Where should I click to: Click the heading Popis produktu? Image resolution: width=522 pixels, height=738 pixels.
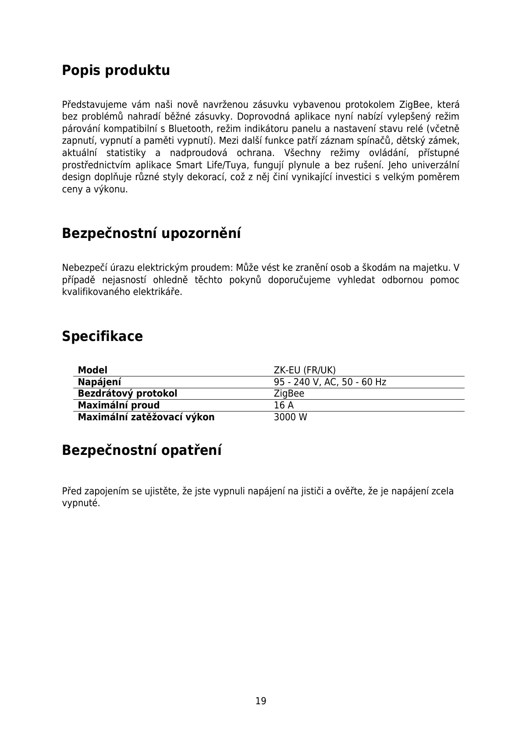coord(116,71)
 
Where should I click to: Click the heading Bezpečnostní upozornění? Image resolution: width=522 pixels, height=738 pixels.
coord(151,233)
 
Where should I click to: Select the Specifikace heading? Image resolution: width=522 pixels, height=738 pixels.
coord(102,337)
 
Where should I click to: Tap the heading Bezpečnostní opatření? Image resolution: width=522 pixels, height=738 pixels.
coord(142,450)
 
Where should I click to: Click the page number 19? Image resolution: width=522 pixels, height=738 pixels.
coord(261,701)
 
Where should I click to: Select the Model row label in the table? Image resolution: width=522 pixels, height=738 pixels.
coord(92,370)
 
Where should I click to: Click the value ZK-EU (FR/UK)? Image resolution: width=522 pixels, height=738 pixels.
coord(305,370)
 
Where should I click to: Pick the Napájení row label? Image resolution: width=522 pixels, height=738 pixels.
coord(99,382)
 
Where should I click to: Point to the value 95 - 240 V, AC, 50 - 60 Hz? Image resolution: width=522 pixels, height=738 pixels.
coord(330,382)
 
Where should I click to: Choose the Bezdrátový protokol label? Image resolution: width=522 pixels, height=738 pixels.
coord(128,394)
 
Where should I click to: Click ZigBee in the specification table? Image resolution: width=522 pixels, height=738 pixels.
coord(289,394)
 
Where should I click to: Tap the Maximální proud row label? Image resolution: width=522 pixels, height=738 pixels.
coord(119,405)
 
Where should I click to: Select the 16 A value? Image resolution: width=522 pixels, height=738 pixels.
coord(284,405)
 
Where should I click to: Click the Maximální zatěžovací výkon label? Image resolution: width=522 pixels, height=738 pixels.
coord(146,417)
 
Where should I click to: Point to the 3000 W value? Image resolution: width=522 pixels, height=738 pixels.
coord(290,417)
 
